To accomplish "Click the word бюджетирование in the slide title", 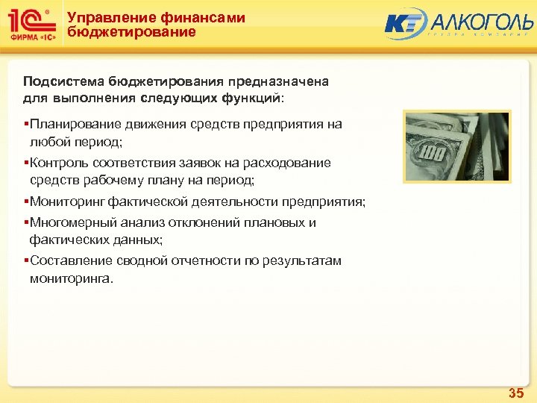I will point(131,33).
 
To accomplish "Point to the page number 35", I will point(515,392).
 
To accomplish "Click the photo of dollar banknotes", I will point(456,147).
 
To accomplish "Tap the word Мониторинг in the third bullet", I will point(67,201).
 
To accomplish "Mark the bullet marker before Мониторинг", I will point(25,201).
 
